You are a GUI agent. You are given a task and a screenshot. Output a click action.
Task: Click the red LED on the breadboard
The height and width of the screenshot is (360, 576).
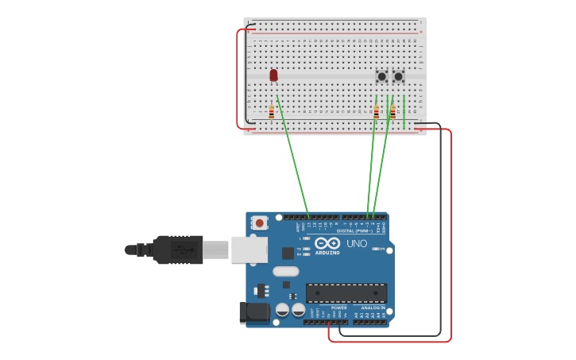pyautogui.click(x=273, y=75)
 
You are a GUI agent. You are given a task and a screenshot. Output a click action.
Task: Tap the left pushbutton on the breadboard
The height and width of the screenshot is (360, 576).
pyautogui.click(x=381, y=76)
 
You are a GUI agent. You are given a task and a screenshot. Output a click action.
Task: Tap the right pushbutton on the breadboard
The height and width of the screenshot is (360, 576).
pyautogui.click(x=398, y=76)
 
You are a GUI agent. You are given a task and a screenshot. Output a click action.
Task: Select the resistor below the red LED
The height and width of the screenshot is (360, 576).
pyautogui.click(x=271, y=112)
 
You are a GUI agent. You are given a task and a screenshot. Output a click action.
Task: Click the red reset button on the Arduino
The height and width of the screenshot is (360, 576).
pyautogui.click(x=260, y=223)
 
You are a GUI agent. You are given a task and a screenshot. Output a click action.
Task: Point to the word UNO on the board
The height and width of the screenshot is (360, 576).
pyautogui.click(x=357, y=243)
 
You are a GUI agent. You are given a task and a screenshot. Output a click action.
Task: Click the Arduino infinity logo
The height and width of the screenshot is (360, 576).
pyautogui.click(x=327, y=243)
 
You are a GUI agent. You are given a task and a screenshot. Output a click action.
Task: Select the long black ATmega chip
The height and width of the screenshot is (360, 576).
pyautogui.click(x=346, y=292)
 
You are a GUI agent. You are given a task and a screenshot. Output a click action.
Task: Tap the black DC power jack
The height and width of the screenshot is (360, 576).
pyautogui.click(x=255, y=312)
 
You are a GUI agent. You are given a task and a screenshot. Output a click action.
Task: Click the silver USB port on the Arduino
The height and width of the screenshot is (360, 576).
pyautogui.click(x=249, y=250)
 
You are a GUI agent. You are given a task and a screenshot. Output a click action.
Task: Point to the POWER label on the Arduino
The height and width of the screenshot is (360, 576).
pyautogui.click(x=338, y=308)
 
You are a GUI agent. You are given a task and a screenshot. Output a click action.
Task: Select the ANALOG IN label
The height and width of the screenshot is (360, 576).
pyautogui.click(x=372, y=308)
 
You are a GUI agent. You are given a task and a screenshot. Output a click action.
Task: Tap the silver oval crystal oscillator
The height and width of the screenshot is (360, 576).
pyautogui.click(x=286, y=271)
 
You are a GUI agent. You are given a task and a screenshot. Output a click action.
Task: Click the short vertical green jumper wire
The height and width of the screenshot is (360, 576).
pyautogui.click(x=404, y=111)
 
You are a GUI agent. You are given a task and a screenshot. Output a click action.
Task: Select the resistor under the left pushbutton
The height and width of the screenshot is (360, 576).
pyautogui.click(x=377, y=112)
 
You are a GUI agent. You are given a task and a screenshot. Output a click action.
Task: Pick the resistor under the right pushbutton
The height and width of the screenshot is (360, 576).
pyautogui.click(x=392, y=112)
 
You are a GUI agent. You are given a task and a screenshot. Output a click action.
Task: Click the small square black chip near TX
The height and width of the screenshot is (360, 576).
pyautogui.click(x=288, y=254)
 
